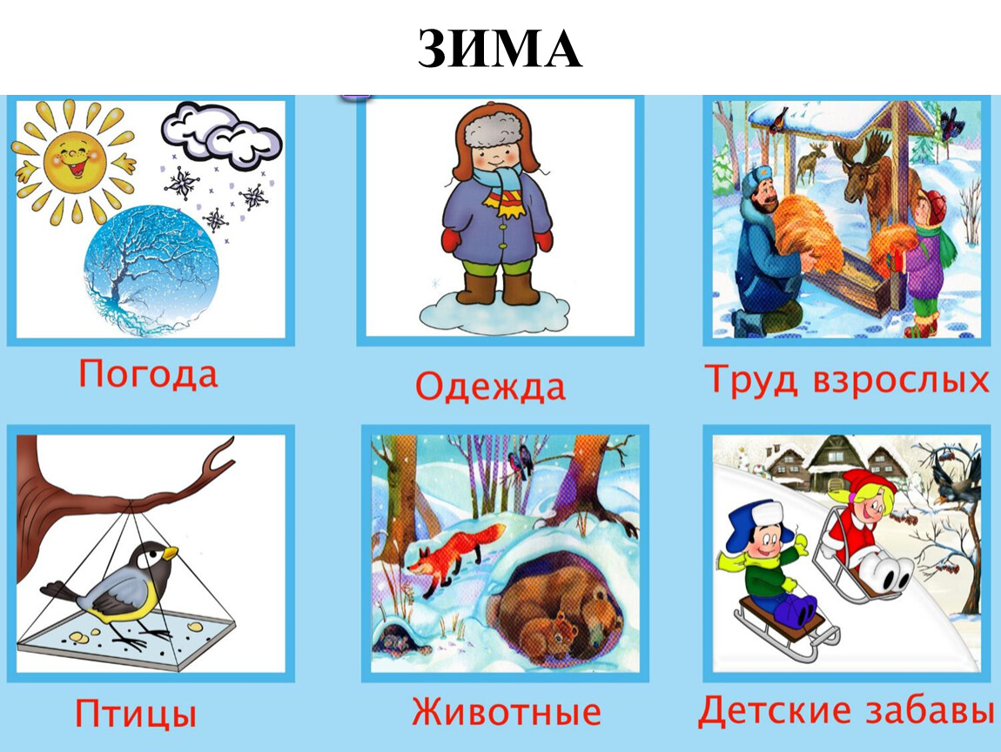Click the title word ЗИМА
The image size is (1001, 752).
click(x=500, y=49)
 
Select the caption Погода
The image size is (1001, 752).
click(x=147, y=374)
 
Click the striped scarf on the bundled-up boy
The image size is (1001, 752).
click(x=503, y=185)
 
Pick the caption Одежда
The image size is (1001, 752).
click(x=490, y=386)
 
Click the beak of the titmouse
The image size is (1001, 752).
click(x=171, y=553)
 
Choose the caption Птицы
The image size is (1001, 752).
click(x=135, y=713)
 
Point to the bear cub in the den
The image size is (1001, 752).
click(x=549, y=634)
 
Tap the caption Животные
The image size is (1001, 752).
click(x=507, y=711)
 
